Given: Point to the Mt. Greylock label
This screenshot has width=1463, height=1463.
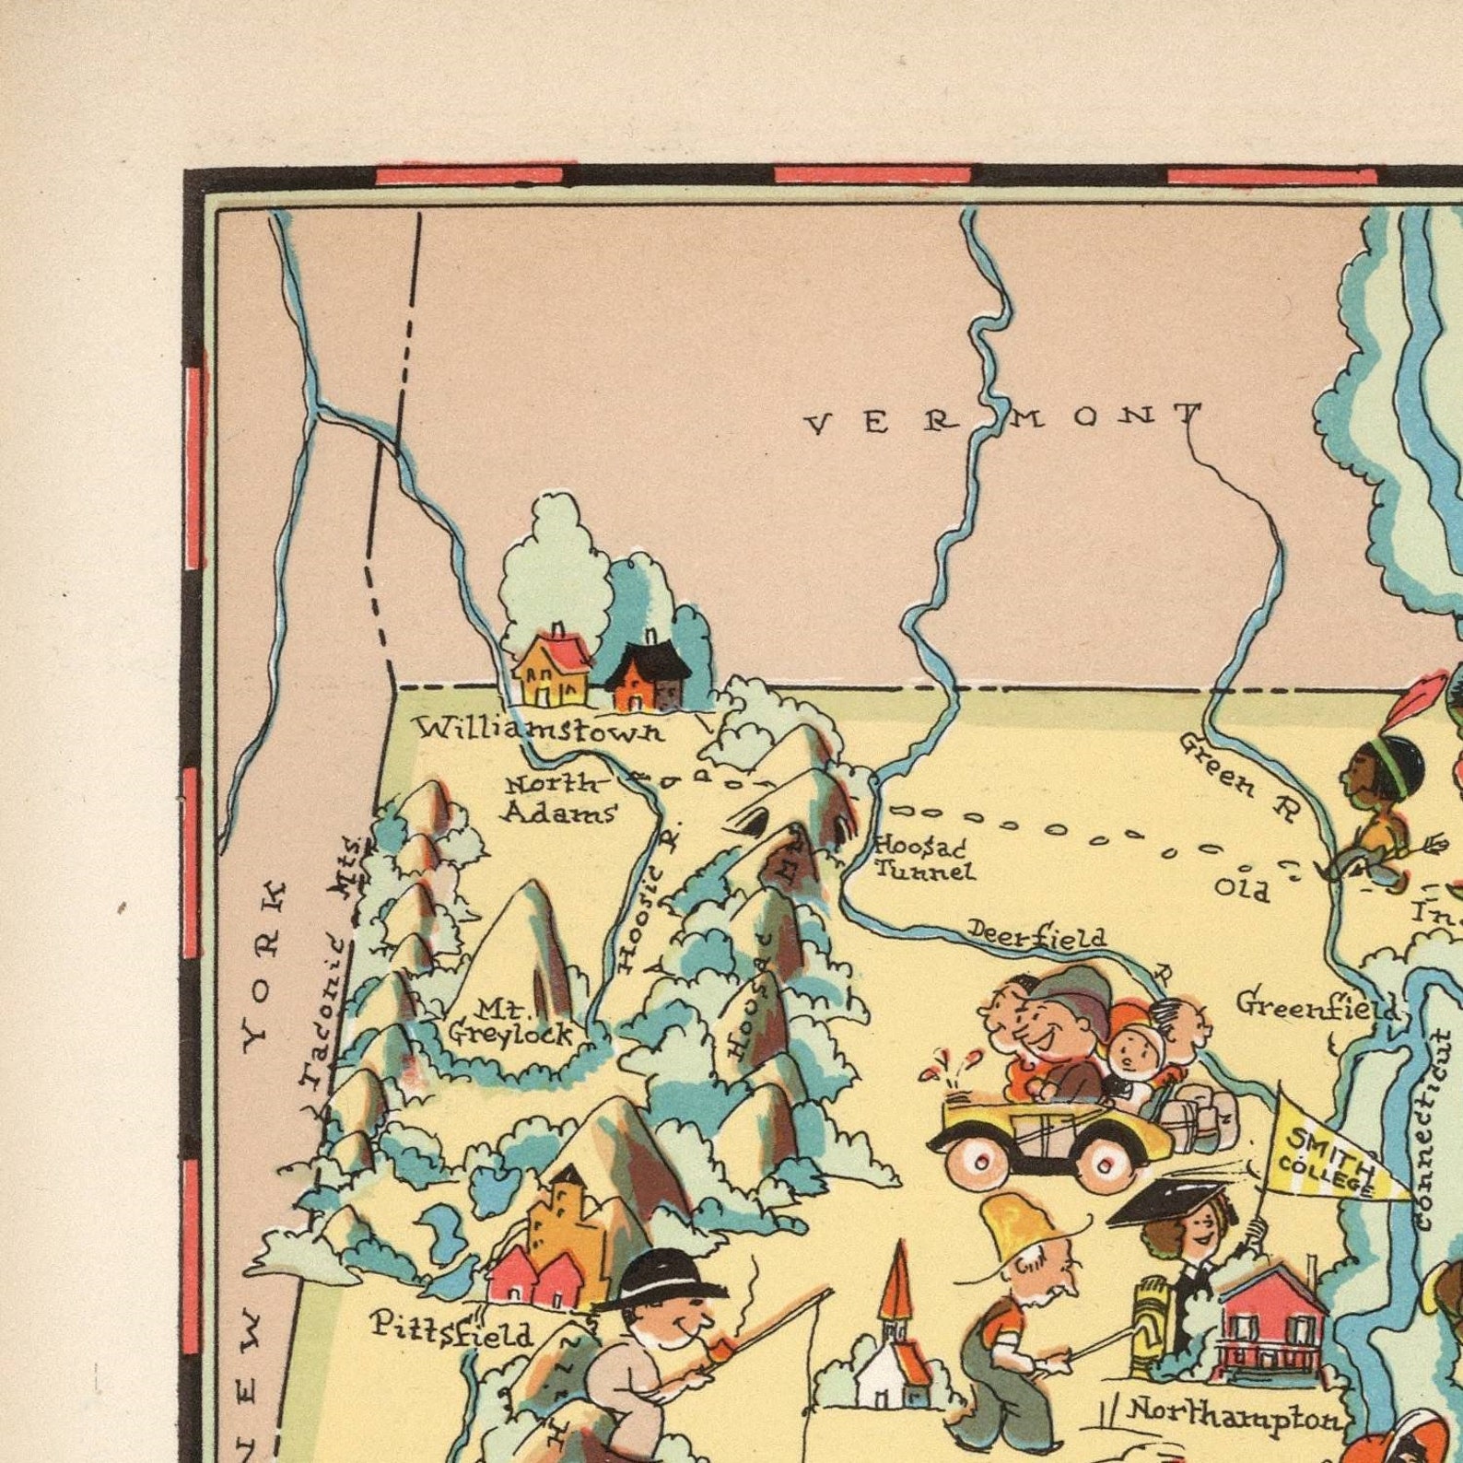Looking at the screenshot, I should (509, 1023).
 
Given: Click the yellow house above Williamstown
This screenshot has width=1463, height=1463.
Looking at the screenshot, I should (551, 670).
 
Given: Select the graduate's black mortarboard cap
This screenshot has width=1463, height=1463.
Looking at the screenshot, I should (1165, 1202).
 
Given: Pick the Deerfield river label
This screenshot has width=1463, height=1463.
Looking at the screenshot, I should (1036, 936).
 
